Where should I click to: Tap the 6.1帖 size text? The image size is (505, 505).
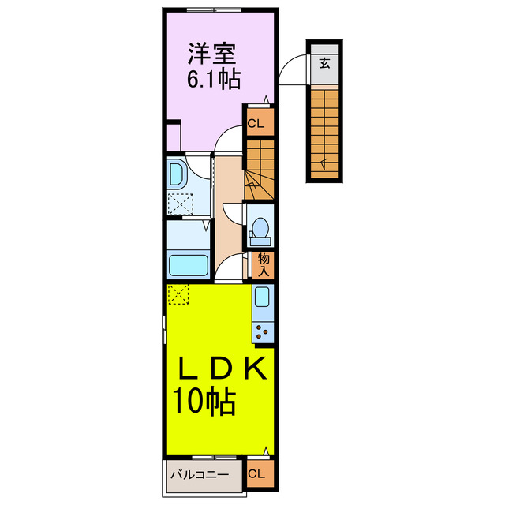[213, 79]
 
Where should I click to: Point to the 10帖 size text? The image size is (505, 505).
[205, 402]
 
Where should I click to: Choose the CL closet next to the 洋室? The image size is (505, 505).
[257, 123]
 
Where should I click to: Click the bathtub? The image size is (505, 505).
[188, 264]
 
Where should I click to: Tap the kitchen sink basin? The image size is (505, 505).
[263, 298]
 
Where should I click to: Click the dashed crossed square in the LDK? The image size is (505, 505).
[179, 294]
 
